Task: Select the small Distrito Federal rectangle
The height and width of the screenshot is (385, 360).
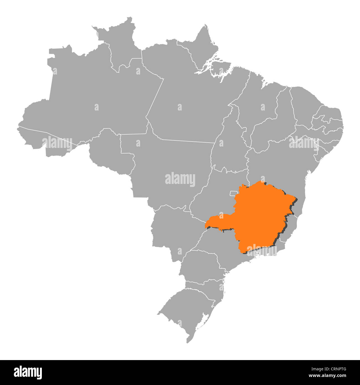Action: (x=233, y=193)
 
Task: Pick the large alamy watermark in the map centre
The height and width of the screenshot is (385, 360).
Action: (x=180, y=179)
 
